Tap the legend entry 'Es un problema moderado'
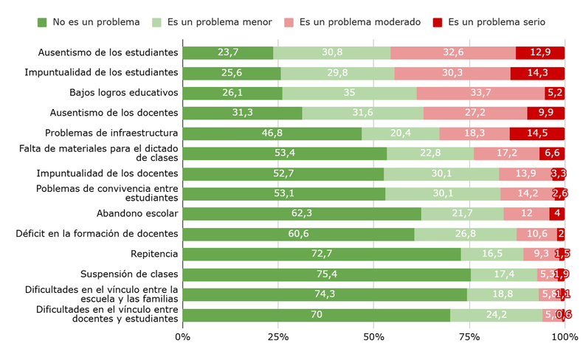tap(359, 22)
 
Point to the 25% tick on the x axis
tap(277, 337)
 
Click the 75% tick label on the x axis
tap(469, 337)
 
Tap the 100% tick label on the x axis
tap(565, 337)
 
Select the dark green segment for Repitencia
tap(321, 254)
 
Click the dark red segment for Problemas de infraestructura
tap(537, 134)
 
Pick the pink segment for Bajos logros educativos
tap(480, 93)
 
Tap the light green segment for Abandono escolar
tap(463, 214)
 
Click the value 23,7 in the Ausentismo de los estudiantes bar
tap(228, 52)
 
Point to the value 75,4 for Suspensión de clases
tap(326, 274)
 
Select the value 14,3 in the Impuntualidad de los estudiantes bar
tap(537, 73)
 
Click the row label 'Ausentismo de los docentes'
tap(114, 113)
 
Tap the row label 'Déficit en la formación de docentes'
tap(97, 234)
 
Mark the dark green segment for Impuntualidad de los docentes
tap(283, 173)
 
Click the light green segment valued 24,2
tap(496, 315)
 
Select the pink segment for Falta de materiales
tap(506, 153)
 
